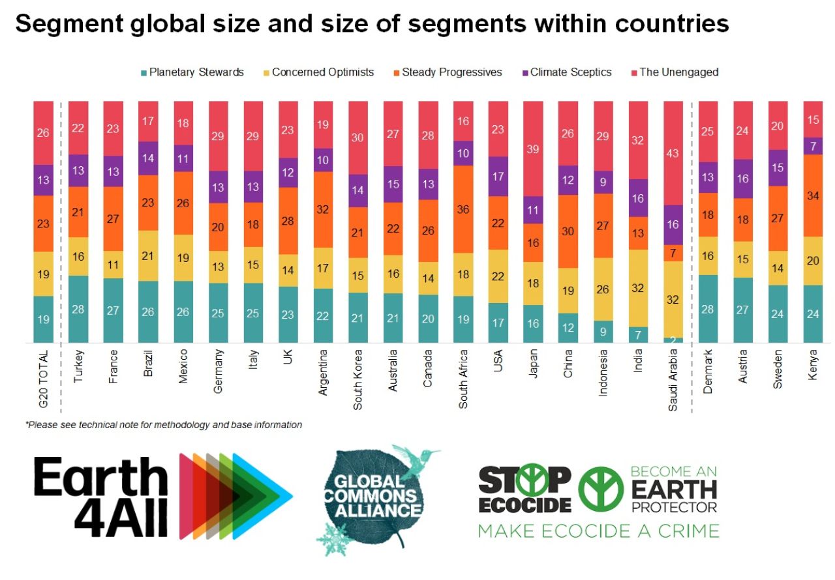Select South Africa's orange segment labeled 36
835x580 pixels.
(463, 209)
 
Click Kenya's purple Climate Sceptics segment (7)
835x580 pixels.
(813, 145)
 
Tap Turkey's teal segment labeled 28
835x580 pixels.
(78, 309)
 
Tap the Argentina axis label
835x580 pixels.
(324, 377)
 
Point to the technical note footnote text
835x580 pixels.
(164, 425)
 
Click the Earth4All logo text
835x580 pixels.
(101, 497)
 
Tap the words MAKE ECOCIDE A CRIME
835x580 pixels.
(598, 530)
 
